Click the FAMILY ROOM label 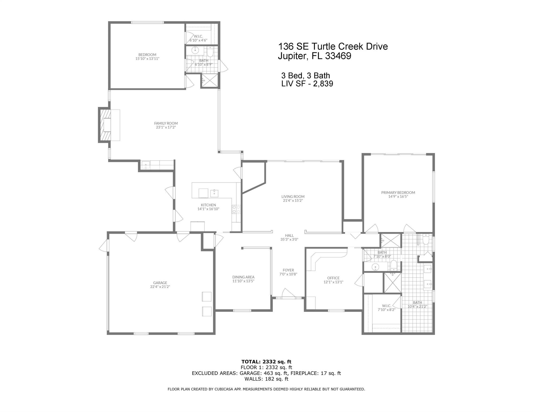[x=166, y=123]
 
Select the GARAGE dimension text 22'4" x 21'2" [x=160, y=287]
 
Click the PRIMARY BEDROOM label [x=398, y=192]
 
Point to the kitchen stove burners [x=236, y=209]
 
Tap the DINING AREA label [x=243, y=277]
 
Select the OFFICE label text [x=333, y=278]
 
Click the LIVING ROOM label [x=293, y=196]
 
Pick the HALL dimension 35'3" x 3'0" [x=289, y=239]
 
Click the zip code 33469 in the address [x=338, y=56]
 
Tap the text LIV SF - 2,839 [x=307, y=84]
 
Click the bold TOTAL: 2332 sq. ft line [x=266, y=362]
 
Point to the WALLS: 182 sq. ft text [x=266, y=379]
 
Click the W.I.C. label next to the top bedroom [x=198, y=36]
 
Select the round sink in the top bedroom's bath [x=195, y=50]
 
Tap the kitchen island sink [x=214, y=193]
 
